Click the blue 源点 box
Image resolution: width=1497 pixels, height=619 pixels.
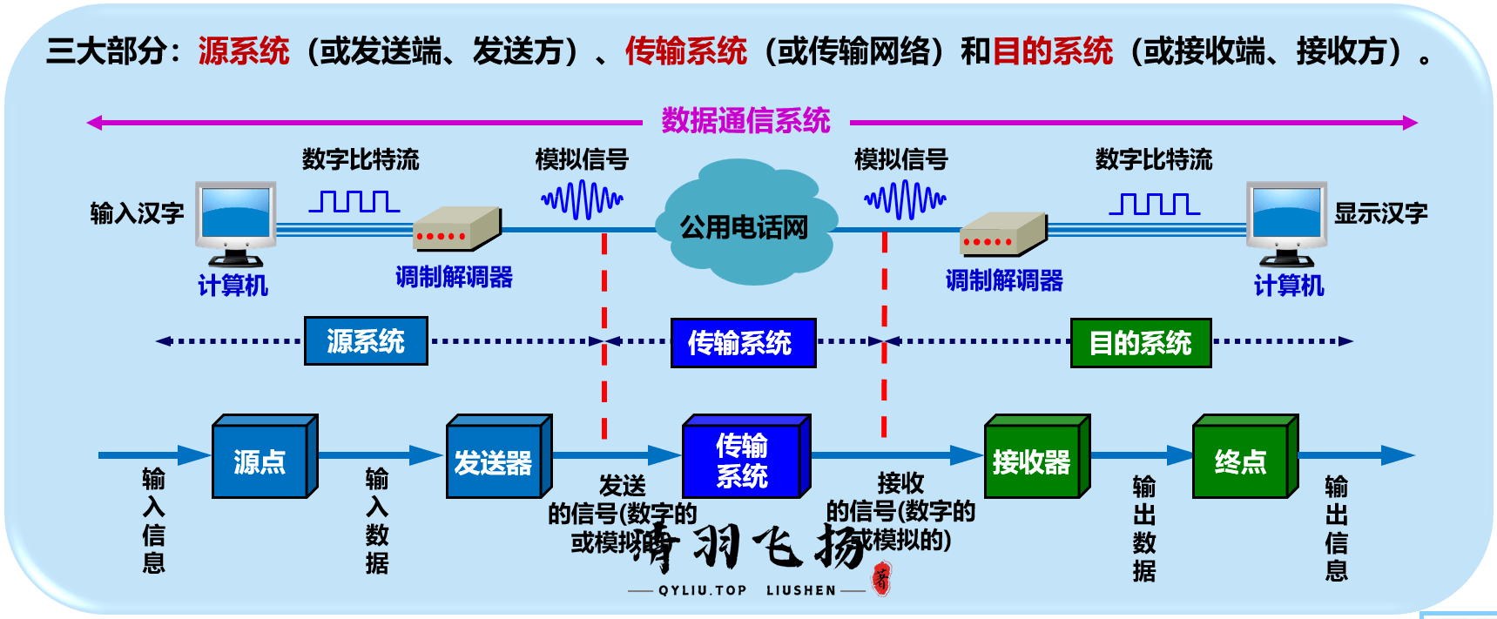point(261,459)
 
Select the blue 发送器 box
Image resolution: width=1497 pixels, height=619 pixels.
point(495,460)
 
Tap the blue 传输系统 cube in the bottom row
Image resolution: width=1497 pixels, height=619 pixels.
point(743,460)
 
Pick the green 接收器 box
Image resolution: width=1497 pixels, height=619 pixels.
point(1033,460)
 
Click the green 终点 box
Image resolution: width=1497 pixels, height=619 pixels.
point(1241,460)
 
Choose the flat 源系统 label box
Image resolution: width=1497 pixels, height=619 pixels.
point(366,340)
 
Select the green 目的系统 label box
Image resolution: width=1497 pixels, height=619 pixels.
point(1140,342)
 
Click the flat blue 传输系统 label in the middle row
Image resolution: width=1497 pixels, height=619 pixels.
point(742,342)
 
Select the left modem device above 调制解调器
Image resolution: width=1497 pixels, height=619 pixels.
point(456,228)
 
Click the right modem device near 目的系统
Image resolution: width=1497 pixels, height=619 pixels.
point(1002,233)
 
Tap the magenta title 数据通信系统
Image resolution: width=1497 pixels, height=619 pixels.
point(745,120)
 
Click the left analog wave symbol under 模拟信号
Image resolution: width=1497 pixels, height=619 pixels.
point(582,200)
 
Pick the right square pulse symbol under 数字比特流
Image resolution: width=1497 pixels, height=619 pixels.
point(1154,204)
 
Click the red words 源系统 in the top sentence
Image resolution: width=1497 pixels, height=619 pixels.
point(243,50)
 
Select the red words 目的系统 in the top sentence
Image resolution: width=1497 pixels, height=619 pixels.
point(1052,50)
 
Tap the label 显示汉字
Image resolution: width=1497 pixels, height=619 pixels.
point(1381,212)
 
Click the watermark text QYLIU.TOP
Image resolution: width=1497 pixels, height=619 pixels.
point(702,590)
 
